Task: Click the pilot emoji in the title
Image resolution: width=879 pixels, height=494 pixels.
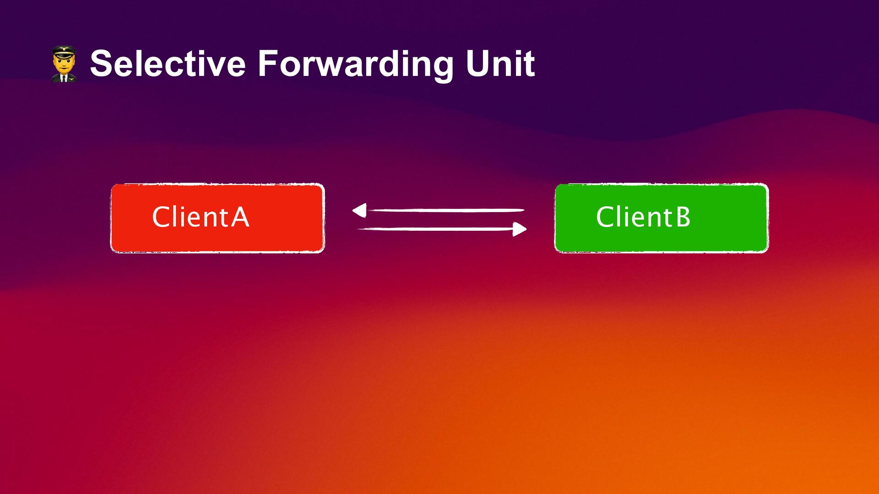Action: click(64, 64)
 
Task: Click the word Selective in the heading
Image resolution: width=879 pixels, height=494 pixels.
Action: click(168, 64)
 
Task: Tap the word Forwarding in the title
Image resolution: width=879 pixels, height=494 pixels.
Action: click(355, 64)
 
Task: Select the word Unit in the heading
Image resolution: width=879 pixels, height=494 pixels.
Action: click(500, 64)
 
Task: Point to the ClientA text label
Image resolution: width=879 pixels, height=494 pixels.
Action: click(201, 217)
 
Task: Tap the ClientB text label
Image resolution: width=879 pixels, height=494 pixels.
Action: click(643, 217)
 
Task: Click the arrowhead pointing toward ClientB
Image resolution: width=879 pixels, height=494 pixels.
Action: click(519, 229)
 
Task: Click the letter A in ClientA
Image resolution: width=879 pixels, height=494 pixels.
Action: click(240, 217)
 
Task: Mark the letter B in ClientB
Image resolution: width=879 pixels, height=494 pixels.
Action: click(683, 217)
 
